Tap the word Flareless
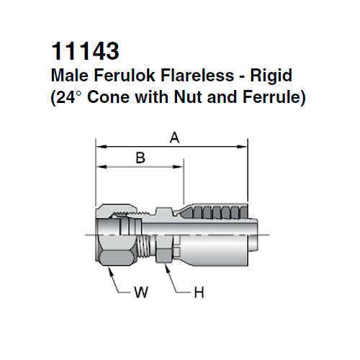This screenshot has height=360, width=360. click(184, 74)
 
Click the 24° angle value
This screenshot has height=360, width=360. click(71, 96)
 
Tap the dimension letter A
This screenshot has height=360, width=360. click(174, 138)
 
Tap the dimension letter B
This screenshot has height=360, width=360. click(140, 158)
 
